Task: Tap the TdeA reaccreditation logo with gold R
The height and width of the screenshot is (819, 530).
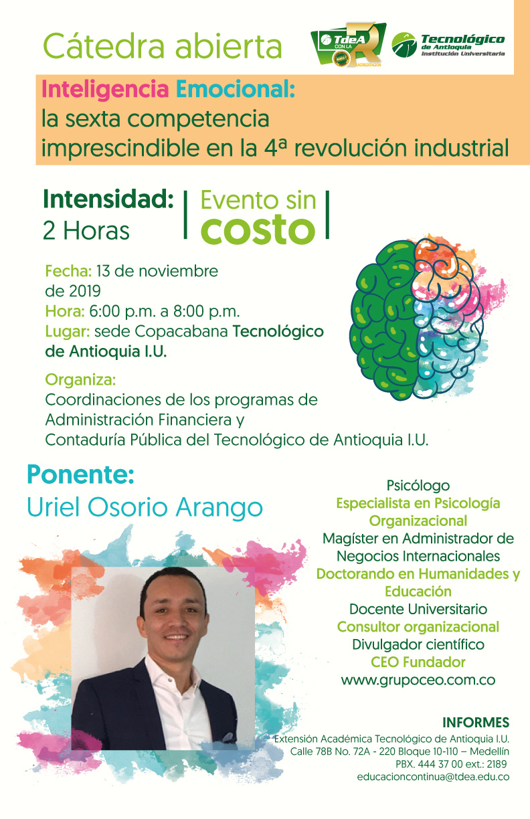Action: (x=348, y=45)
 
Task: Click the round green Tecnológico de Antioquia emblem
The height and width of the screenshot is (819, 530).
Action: (x=404, y=45)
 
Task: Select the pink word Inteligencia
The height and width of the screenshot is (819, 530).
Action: (x=105, y=90)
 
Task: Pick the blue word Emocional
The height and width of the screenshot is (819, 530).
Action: (x=235, y=89)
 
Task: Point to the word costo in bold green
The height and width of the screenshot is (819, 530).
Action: (x=258, y=230)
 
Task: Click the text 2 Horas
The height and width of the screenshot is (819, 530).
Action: (x=86, y=231)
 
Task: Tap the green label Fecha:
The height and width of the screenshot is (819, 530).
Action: (x=68, y=271)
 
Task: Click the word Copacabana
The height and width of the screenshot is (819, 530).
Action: (x=182, y=332)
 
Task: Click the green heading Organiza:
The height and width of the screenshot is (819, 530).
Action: (x=80, y=380)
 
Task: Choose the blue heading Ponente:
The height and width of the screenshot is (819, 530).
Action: (x=80, y=475)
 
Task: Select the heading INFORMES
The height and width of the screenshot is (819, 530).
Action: (x=476, y=723)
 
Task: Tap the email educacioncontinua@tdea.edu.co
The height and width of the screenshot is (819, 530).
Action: (x=433, y=777)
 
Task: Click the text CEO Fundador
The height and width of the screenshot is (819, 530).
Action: (x=418, y=662)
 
